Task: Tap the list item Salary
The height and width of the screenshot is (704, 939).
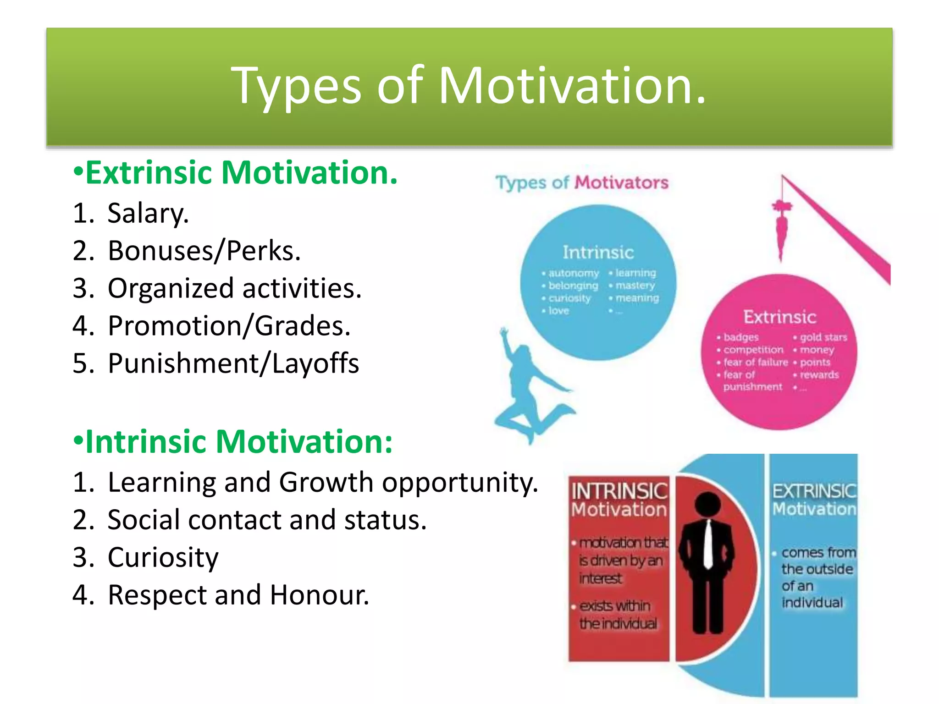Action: [x=148, y=214]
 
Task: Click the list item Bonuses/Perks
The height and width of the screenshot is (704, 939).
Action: [x=204, y=251]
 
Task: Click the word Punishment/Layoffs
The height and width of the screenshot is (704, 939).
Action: [x=233, y=364]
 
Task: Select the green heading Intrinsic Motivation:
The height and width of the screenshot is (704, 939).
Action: [x=238, y=442]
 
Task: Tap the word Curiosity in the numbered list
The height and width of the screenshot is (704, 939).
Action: [x=163, y=558]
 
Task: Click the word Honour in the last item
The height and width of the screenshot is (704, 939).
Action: [x=319, y=595]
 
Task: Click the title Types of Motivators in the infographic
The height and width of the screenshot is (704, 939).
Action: [x=582, y=182]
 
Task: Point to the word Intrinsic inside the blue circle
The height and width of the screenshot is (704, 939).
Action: [x=598, y=253]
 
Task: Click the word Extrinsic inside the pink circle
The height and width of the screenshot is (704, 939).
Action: [x=779, y=317]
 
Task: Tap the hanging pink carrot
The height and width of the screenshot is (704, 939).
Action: [x=781, y=229]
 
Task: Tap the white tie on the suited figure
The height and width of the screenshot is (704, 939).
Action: [x=708, y=545]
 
